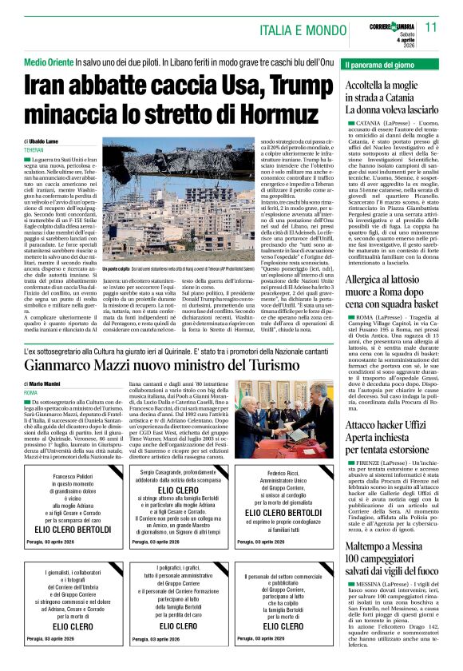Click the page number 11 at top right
[x=449, y=27]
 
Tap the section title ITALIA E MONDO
[x=306, y=30]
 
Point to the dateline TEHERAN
[x=34, y=150]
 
